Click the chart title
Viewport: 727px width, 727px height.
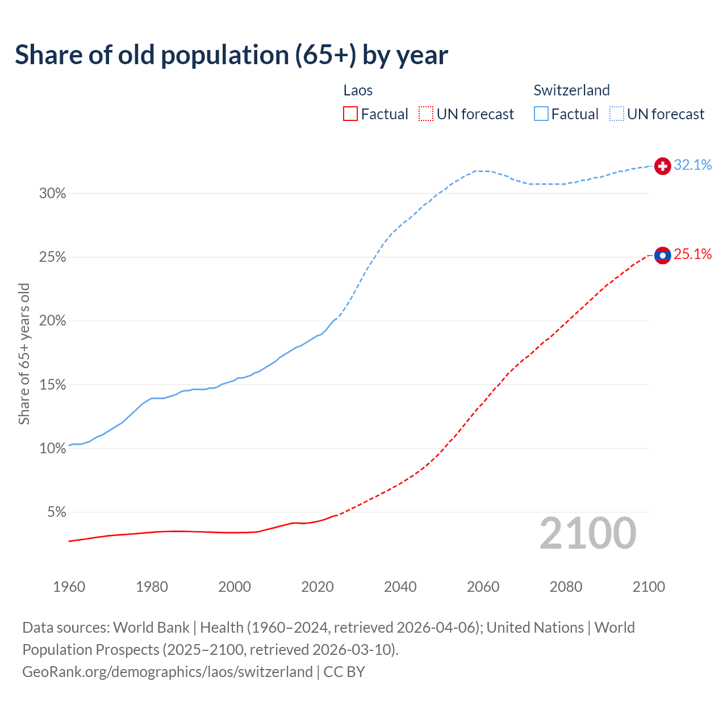pyautogui.click(x=231, y=55)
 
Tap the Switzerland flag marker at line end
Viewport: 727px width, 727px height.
pyautogui.click(x=663, y=166)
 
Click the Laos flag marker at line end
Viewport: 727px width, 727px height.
pyautogui.click(x=663, y=256)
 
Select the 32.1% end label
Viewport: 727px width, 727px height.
pyautogui.click(x=693, y=165)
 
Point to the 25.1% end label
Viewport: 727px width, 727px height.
pyautogui.click(x=693, y=254)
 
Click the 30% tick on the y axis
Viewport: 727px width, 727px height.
pyautogui.click(x=52, y=194)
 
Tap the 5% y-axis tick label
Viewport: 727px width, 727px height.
pyautogui.click(x=56, y=512)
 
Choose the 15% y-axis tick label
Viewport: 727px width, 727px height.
pyautogui.click(x=52, y=385)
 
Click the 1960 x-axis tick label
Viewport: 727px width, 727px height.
pyautogui.click(x=69, y=587)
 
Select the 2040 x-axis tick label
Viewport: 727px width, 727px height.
pyautogui.click(x=400, y=587)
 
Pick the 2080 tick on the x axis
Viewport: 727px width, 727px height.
pyautogui.click(x=566, y=587)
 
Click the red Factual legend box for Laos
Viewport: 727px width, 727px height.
pyautogui.click(x=350, y=114)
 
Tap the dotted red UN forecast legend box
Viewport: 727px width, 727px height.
pyautogui.click(x=426, y=114)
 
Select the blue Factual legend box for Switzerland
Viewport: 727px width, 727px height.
pyautogui.click(x=541, y=114)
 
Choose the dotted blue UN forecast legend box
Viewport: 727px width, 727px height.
pyautogui.click(x=617, y=114)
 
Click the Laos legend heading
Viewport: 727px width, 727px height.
pyautogui.click(x=358, y=90)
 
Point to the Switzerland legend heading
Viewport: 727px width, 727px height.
pyautogui.click(x=571, y=90)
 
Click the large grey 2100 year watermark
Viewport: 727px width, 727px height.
pyautogui.click(x=588, y=533)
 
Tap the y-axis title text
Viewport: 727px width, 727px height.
pyautogui.click(x=24, y=353)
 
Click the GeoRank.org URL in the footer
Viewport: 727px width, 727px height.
pyautogui.click(x=168, y=672)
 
